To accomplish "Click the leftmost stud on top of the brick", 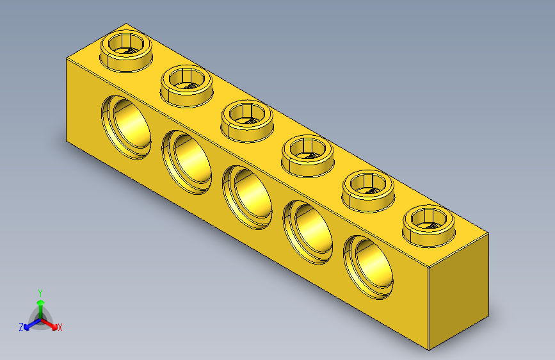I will pyautogui.click(x=127, y=49).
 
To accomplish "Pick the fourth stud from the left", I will pyautogui.click(x=308, y=152).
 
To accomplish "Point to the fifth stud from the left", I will pyautogui.click(x=369, y=187).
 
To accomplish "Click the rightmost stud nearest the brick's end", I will pyautogui.click(x=429, y=222).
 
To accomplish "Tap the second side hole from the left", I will pyautogui.click(x=187, y=160).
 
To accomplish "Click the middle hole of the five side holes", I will pyautogui.click(x=248, y=196).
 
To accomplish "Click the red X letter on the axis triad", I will pyautogui.click(x=60, y=328).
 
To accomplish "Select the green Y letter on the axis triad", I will pyautogui.click(x=40, y=292).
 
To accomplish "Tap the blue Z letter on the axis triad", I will pyautogui.click(x=21, y=327).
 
